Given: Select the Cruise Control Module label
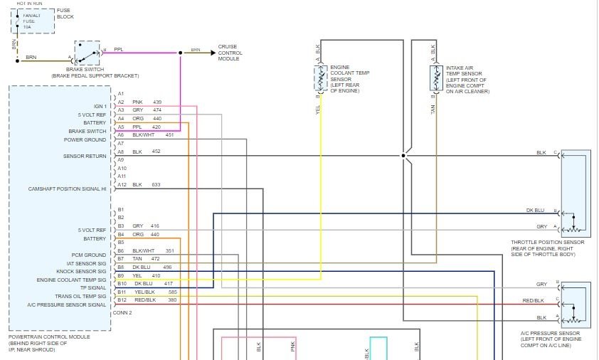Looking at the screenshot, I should tap(230, 53).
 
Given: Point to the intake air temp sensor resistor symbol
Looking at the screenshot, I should tap(434, 78).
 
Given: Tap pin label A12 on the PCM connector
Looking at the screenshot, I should tap(122, 185).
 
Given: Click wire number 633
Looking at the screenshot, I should tap(157, 185).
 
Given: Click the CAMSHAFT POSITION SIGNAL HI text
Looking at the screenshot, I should tap(67, 189).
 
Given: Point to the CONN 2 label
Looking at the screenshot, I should tap(122, 312).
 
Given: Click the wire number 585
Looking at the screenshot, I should tap(172, 292).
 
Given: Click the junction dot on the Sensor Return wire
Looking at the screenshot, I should tap(403, 154).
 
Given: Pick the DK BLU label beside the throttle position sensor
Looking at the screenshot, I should tap(535, 211).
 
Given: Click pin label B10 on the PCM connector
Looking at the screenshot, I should tap(122, 283).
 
